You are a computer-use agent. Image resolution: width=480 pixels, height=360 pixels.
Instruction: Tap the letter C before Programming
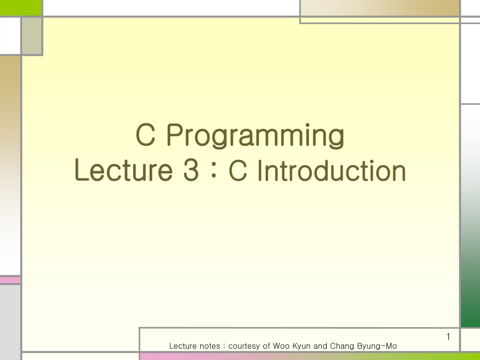coord(145,135)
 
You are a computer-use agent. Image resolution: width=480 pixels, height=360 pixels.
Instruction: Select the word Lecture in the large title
coord(124,170)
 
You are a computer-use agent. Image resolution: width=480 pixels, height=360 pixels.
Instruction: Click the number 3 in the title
coord(191,170)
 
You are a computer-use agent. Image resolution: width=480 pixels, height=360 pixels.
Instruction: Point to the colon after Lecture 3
coord(214,171)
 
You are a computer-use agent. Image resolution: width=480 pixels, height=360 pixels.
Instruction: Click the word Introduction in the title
coord(332,170)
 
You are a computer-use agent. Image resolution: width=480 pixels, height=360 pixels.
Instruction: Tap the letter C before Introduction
coord(238,170)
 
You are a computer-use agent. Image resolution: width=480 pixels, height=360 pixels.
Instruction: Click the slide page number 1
coord(448,337)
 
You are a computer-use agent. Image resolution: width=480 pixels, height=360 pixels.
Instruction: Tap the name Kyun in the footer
coord(301,346)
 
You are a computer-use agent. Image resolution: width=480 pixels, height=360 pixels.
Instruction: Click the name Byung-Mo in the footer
coord(377,346)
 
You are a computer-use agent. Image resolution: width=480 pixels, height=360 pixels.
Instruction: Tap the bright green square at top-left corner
coord(21,7)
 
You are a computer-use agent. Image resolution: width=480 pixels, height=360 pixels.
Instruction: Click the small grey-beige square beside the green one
coord(32,36)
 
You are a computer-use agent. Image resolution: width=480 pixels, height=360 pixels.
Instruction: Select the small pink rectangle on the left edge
coord(10,280)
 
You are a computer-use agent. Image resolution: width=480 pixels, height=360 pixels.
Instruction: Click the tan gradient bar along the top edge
coord(380,7)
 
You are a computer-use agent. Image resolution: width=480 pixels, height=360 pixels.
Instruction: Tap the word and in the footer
coord(320,346)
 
